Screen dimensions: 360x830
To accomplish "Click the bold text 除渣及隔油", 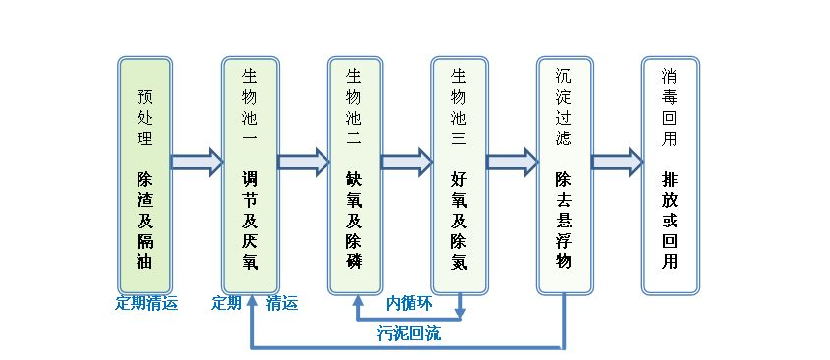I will (145, 221).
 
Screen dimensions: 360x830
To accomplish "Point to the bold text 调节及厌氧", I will (249, 221).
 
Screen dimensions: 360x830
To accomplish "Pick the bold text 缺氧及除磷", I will (354, 221).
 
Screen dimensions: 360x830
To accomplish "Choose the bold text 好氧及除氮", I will (459, 221).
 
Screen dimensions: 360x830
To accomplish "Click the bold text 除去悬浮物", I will (564, 221).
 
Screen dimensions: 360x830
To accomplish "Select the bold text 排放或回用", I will (670, 221).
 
